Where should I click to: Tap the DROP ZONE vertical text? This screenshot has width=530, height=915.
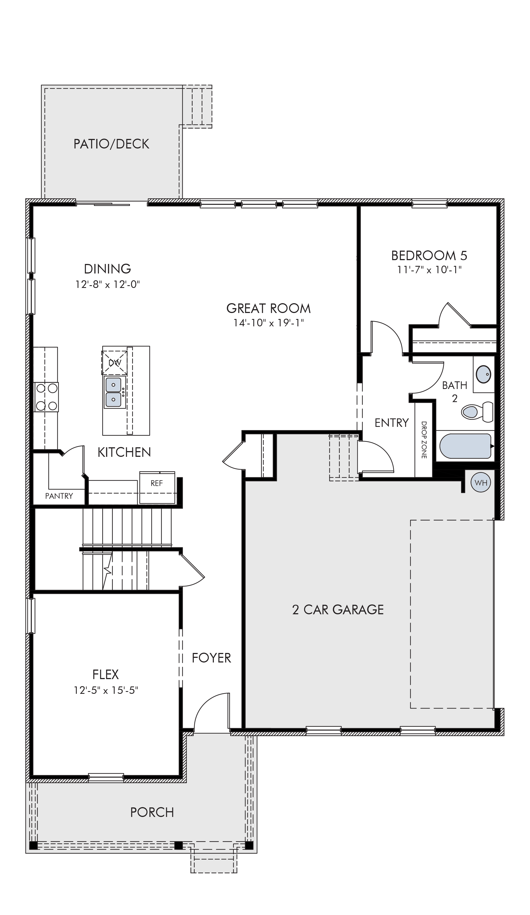click(423, 440)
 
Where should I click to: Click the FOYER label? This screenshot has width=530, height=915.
click(211, 658)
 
